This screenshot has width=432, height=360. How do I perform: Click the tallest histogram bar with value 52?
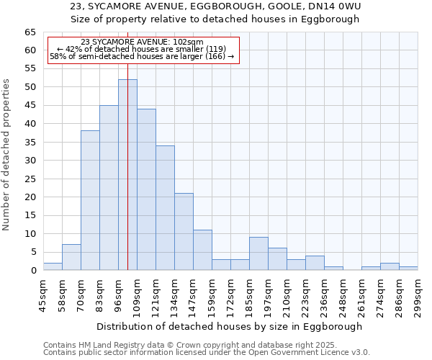(127, 175)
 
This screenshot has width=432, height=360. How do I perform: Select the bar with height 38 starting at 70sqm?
(90, 200)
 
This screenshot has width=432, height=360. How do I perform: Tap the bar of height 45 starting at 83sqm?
(109, 187)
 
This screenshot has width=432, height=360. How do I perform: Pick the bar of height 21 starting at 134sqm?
(184, 232)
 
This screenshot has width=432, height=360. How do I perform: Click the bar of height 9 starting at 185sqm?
(258, 253)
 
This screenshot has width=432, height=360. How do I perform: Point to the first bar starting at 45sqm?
(53, 266)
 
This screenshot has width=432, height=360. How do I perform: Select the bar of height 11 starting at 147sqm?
(202, 250)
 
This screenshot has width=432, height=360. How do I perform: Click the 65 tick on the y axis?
(30, 32)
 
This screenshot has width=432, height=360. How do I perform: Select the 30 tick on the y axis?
(30, 161)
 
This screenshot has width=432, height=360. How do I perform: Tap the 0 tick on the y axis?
(32, 271)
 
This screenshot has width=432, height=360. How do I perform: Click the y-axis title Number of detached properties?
(7, 155)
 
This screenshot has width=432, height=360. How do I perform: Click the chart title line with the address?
(215, 6)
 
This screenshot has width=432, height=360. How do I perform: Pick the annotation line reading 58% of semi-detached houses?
(142, 56)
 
